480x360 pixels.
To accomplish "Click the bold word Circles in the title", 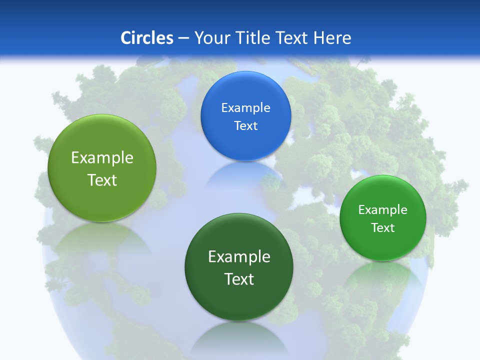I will click(x=146, y=37).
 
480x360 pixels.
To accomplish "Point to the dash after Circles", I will click(x=183, y=38).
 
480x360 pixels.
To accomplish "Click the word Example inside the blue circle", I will click(x=245, y=107).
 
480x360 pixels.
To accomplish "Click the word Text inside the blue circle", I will click(x=245, y=125).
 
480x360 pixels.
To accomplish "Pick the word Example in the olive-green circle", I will click(x=102, y=157).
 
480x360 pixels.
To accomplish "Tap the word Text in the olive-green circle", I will click(x=102, y=180).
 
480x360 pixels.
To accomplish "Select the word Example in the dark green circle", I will click(x=239, y=256).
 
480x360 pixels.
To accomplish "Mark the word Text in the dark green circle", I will click(x=239, y=279).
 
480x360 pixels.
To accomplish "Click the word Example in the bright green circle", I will click(x=382, y=209).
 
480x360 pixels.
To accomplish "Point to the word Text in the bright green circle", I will click(x=382, y=227).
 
